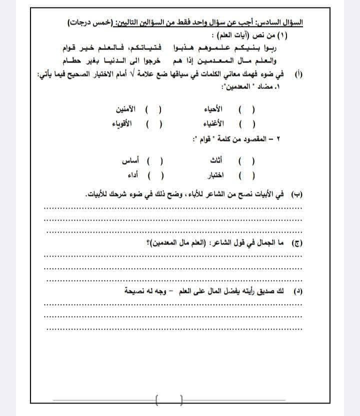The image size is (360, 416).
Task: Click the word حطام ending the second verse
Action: click(x=76, y=61)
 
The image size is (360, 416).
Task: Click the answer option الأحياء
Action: click(x=214, y=109)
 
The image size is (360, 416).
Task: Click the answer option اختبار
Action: click(x=215, y=176)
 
